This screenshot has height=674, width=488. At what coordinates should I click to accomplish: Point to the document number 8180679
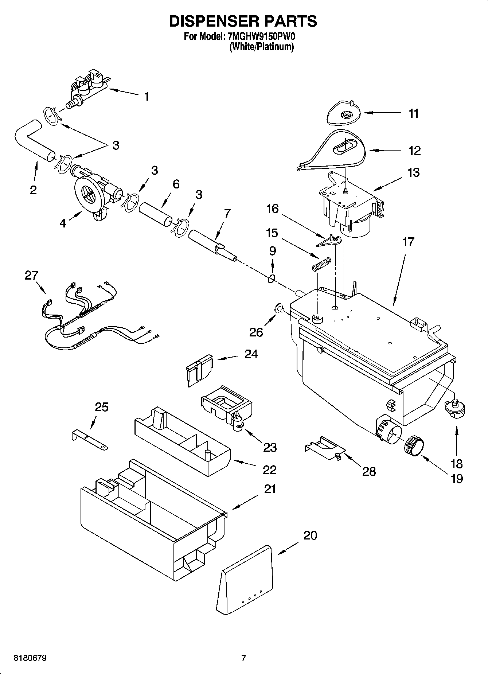click(30, 658)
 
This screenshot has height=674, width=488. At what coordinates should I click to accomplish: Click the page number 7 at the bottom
click(243, 658)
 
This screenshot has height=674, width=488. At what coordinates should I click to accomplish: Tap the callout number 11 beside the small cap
click(413, 113)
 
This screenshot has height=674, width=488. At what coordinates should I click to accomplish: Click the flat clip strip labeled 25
click(89, 440)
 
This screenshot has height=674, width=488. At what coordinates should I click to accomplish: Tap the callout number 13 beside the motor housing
click(413, 172)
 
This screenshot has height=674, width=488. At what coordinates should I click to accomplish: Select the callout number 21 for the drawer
click(270, 489)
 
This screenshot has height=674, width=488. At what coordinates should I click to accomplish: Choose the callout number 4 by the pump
click(63, 223)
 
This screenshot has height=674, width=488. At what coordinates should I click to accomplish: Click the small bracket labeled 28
click(324, 447)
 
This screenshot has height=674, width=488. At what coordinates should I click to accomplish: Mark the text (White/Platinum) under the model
click(261, 47)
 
